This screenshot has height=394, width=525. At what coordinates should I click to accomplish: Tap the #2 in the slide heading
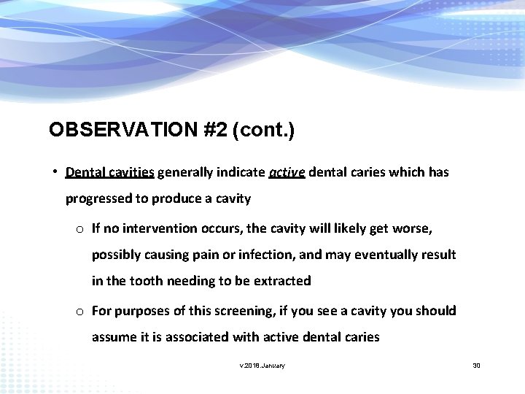click(x=216, y=130)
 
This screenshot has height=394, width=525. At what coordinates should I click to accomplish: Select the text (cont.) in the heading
click(x=265, y=130)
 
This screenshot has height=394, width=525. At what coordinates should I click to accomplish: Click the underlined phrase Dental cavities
click(x=109, y=173)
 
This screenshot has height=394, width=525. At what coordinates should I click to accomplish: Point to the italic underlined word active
click(x=287, y=173)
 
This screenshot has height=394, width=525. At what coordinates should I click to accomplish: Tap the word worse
click(x=414, y=229)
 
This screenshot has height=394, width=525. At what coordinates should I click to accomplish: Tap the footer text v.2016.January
click(x=262, y=365)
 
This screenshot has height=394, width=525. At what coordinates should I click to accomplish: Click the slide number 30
click(x=477, y=365)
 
